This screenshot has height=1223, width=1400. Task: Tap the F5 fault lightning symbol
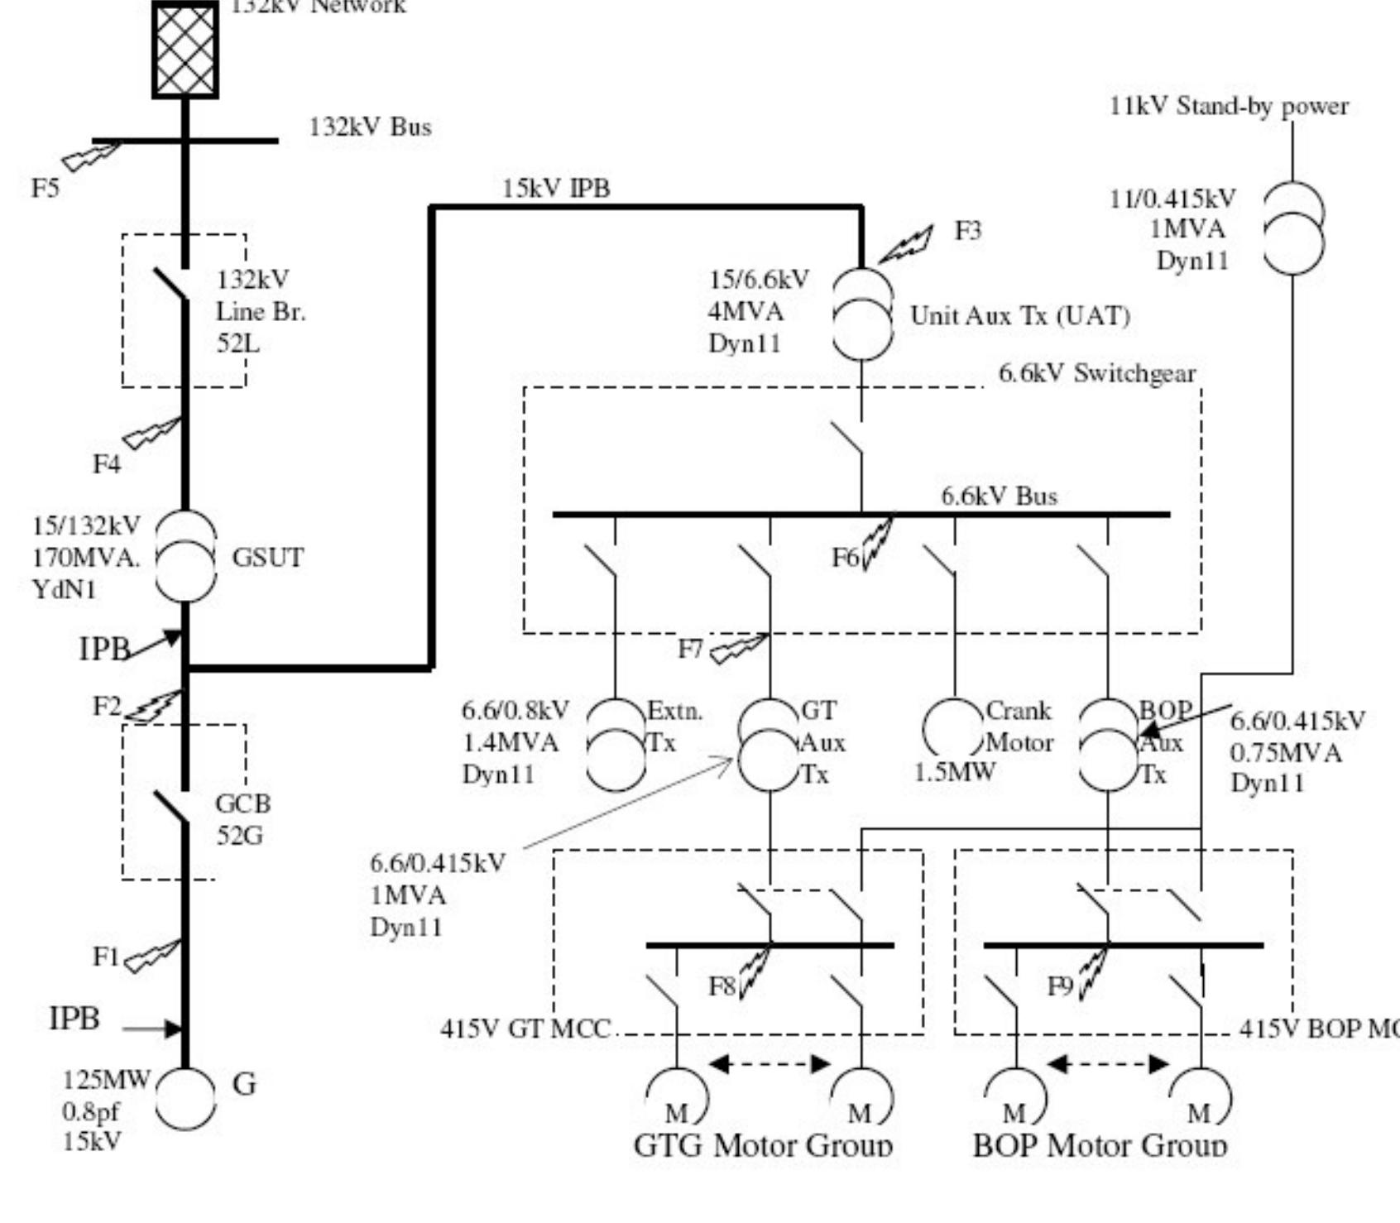[91, 156]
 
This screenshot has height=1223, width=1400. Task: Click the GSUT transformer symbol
[185, 556]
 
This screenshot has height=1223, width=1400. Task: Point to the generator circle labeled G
[185, 1098]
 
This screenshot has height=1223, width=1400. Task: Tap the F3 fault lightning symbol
[906, 245]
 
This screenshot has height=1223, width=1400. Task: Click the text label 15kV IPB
[556, 189]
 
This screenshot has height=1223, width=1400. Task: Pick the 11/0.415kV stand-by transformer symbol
[1292, 228]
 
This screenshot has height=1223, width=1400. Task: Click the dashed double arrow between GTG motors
[770, 1064]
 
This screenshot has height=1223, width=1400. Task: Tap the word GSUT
[267, 558]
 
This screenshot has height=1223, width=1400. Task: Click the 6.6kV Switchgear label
[1096, 374]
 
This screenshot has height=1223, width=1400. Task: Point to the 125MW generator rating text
[107, 1080]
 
